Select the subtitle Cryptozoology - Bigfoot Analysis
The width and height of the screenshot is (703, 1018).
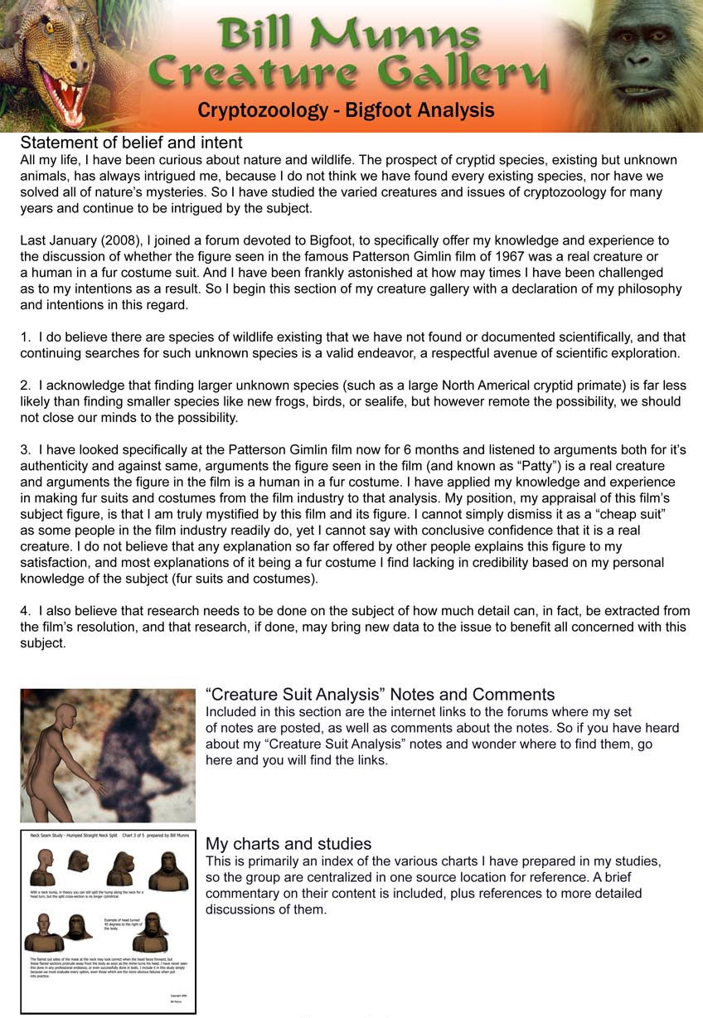346,110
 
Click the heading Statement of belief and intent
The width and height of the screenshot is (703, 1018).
131,143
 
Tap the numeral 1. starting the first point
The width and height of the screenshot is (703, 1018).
26,337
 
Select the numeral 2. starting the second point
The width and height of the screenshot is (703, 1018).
26,385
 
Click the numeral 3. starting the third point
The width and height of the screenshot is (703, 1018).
26,450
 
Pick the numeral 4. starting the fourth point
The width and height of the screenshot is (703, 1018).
26,611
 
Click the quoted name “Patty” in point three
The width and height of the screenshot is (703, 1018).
517,466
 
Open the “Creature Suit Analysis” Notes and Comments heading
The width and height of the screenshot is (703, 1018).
380,695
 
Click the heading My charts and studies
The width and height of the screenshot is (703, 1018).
288,844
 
